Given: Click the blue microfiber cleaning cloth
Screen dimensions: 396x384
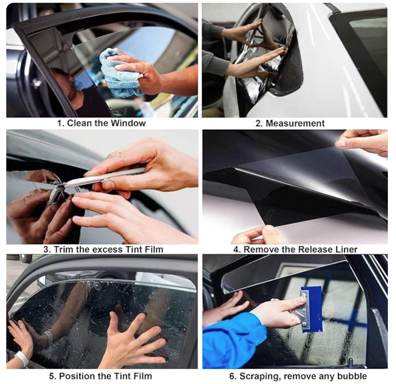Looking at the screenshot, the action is (116, 73).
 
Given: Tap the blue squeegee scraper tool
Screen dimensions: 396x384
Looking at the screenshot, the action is (311, 310).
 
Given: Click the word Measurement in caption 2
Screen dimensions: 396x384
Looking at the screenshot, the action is (295, 123).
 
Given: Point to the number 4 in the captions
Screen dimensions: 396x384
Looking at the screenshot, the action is (236, 249).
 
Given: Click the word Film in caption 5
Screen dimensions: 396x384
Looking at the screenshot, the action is (143, 376).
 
